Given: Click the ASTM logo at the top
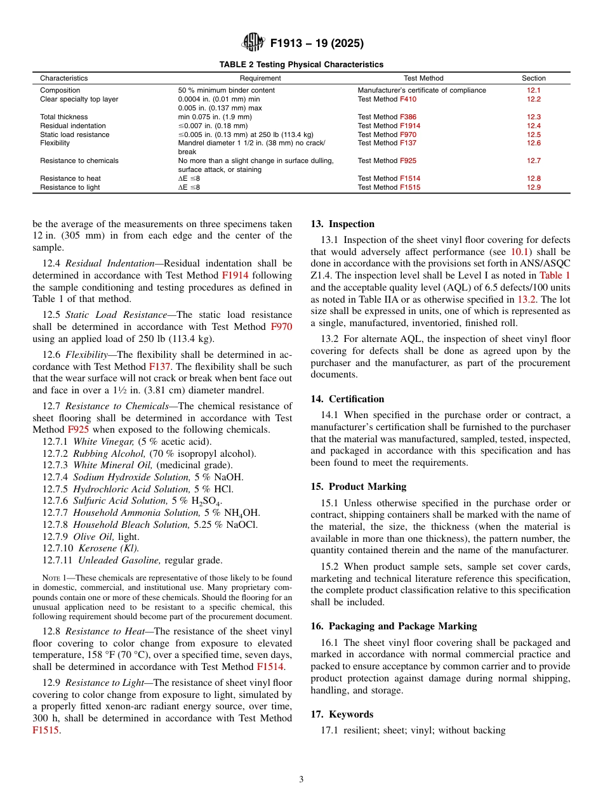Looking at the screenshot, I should (253, 43).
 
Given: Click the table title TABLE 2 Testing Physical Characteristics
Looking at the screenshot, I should (301, 65).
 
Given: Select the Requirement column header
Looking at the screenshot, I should (260, 79).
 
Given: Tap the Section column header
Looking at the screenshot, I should (534, 79).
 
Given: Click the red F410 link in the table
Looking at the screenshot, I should (408, 100).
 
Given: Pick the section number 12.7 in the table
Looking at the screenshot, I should (534, 161).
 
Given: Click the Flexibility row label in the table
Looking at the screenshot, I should (56, 143).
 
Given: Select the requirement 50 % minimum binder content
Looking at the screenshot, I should (227, 91).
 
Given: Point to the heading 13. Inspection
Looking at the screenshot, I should (343, 224).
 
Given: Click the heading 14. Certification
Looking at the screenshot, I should (347, 399).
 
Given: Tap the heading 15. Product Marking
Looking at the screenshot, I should (359, 487).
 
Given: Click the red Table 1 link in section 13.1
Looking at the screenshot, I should (555, 275).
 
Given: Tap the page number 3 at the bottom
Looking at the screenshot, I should (301, 780).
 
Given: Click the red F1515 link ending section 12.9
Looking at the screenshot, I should (46, 730).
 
